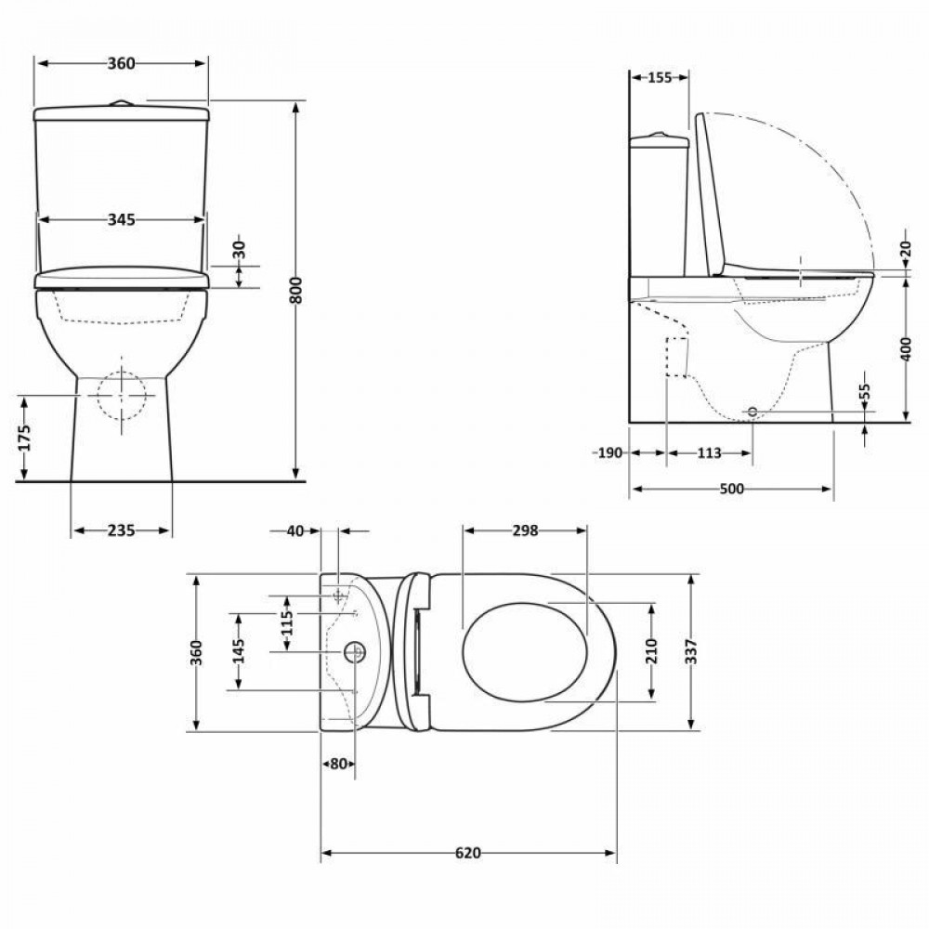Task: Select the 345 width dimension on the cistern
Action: click(x=122, y=220)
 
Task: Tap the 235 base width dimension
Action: click(x=122, y=530)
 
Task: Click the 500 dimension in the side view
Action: click(x=731, y=489)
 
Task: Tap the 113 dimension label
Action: click(x=709, y=453)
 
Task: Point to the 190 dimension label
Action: click(x=608, y=453)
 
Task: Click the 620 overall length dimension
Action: click(x=468, y=853)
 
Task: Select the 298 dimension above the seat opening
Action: click(x=525, y=530)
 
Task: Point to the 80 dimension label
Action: click(x=338, y=764)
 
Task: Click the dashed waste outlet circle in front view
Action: click(x=123, y=396)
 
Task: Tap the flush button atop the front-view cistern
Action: click(x=121, y=103)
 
